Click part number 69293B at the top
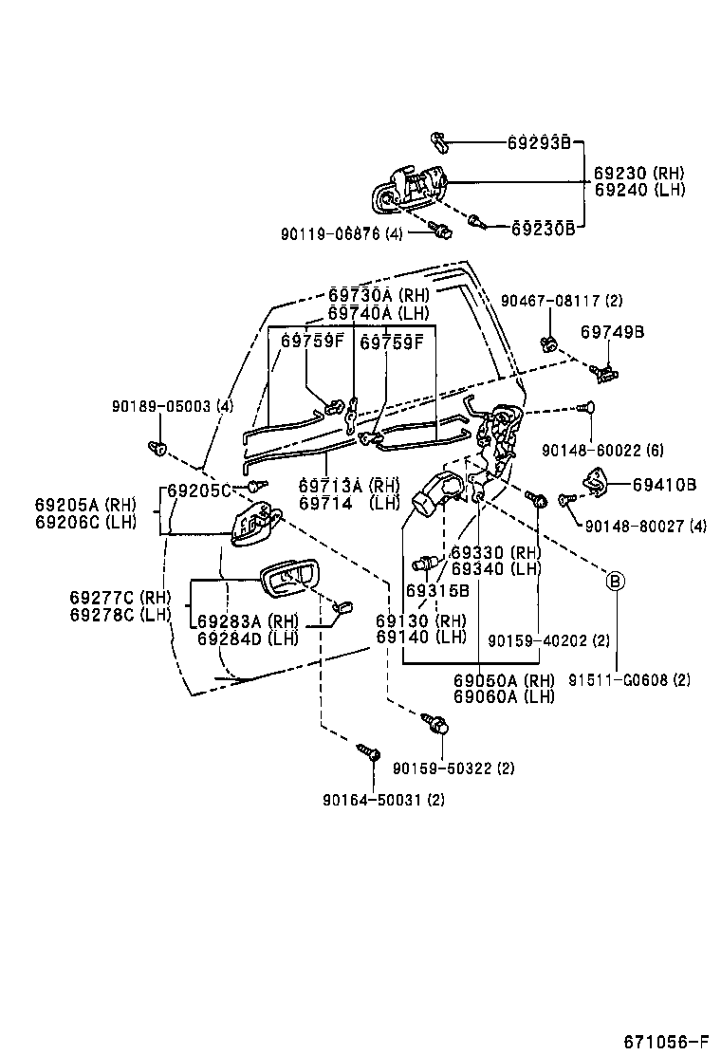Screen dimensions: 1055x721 point(538,143)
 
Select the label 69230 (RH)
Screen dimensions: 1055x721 point(638,174)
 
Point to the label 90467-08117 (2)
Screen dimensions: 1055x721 point(562,301)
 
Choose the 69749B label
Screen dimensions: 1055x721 point(612,332)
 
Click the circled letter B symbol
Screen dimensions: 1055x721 point(615,581)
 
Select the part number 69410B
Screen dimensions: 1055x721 point(664,485)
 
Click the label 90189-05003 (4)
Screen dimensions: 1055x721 point(172,407)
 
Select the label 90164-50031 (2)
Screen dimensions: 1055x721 point(383,799)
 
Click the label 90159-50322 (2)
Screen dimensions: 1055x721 point(453,768)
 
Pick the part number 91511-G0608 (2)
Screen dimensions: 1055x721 point(629,679)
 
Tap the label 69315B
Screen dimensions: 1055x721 point(437,590)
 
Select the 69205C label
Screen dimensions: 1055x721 point(199,490)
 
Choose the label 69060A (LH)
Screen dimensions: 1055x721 point(504,696)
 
